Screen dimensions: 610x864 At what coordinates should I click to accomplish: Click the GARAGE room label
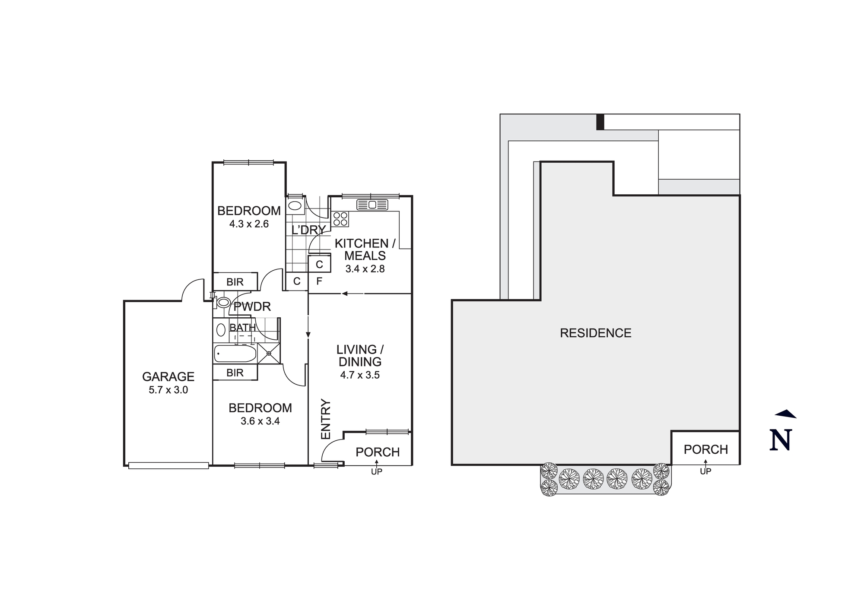pyautogui.click(x=168, y=377)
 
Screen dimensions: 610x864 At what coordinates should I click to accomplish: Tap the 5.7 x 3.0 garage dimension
pyautogui.click(x=168, y=390)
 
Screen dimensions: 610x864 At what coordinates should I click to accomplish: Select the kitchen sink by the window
pyautogui.click(x=372, y=205)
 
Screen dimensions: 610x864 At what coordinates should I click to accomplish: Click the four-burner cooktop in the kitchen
pyautogui.click(x=340, y=219)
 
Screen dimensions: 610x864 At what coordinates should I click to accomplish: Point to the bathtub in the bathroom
pyautogui.click(x=235, y=354)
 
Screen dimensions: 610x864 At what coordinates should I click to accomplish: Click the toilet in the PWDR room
pyautogui.click(x=222, y=302)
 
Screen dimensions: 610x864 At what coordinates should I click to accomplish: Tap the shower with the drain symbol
pyautogui.click(x=269, y=353)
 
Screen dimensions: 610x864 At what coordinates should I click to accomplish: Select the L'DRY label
pyautogui.click(x=308, y=230)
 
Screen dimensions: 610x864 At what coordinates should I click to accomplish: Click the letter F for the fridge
pyautogui.click(x=319, y=281)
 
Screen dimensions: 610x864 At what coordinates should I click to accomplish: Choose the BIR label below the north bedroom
pyautogui.click(x=235, y=282)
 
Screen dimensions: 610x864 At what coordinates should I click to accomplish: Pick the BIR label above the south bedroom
pyautogui.click(x=235, y=373)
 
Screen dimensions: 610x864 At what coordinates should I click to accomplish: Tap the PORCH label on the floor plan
pyautogui.click(x=378, y=452)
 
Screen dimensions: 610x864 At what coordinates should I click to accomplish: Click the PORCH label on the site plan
pyautogui.click(x=705, y=450)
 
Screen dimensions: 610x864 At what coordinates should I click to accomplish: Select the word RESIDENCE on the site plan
pyautogui.click(x=595, y=333)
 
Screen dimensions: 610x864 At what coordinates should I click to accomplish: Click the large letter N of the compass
pyautogui.click(x=781, y=440)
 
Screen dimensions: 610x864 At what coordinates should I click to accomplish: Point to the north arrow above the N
pyautogui.click(x=786, y=414)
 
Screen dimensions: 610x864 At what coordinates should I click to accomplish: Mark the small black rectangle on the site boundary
pyautogui.click(x=600, y=122)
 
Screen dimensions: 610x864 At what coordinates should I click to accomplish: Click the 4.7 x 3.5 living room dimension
pyautogui.click(x=359, y=375)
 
